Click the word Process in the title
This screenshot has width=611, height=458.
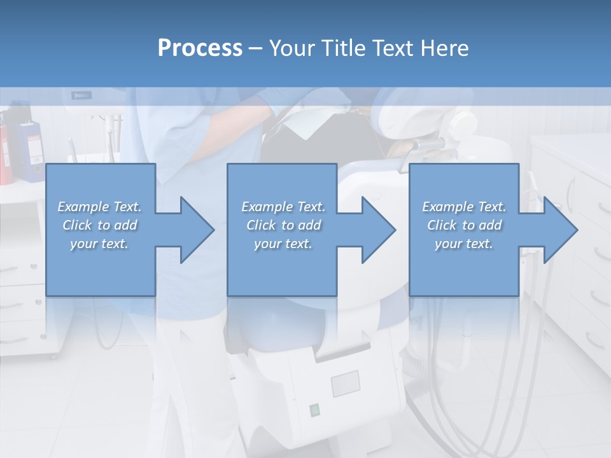click(200, 48)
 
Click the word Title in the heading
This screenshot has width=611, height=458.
click(342, 48)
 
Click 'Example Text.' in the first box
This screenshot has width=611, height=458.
click(99, 207)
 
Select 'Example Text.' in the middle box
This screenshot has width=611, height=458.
click(283, 207)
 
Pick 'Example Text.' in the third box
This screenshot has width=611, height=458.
click(464, 207)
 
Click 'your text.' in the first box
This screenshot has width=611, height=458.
click(99, 244)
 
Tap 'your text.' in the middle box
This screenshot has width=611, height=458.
click(283, 244)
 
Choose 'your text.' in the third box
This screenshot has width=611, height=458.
click(464, 244)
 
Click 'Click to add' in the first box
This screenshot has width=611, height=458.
click(99, 225)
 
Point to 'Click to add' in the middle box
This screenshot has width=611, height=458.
click(283, 225)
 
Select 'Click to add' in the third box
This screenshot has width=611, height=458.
click(464, 225)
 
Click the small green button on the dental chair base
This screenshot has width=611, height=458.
click(314, 410)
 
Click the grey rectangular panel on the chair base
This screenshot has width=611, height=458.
click(345, 384)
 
